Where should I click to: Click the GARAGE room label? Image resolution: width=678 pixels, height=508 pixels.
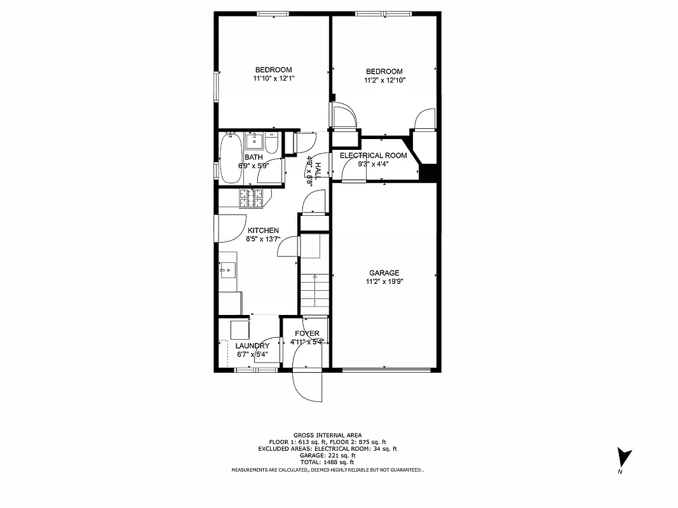point(384,273)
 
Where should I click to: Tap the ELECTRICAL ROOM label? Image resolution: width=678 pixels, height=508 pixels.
point(373,156)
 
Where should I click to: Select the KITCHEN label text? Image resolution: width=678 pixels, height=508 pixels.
point(263,231)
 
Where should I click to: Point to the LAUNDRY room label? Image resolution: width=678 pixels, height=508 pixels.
point(252,346)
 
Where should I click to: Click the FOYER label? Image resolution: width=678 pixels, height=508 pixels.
point(307,333)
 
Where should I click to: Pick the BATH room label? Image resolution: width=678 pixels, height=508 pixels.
point(254,157)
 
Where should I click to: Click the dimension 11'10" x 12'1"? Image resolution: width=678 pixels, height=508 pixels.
point(273,79)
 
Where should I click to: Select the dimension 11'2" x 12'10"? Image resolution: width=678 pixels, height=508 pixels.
point(384,81)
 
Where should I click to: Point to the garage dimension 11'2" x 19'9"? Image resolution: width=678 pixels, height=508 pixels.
point(384,282)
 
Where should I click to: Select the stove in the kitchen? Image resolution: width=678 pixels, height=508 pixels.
point(252,199)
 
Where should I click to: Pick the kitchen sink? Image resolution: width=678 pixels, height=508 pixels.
point(227,271)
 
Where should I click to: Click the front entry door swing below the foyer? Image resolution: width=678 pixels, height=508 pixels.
point(308,384)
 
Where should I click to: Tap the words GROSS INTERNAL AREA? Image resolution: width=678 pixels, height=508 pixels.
point(328,435)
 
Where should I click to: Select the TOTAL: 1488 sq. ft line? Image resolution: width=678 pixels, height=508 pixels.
point(328,462)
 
